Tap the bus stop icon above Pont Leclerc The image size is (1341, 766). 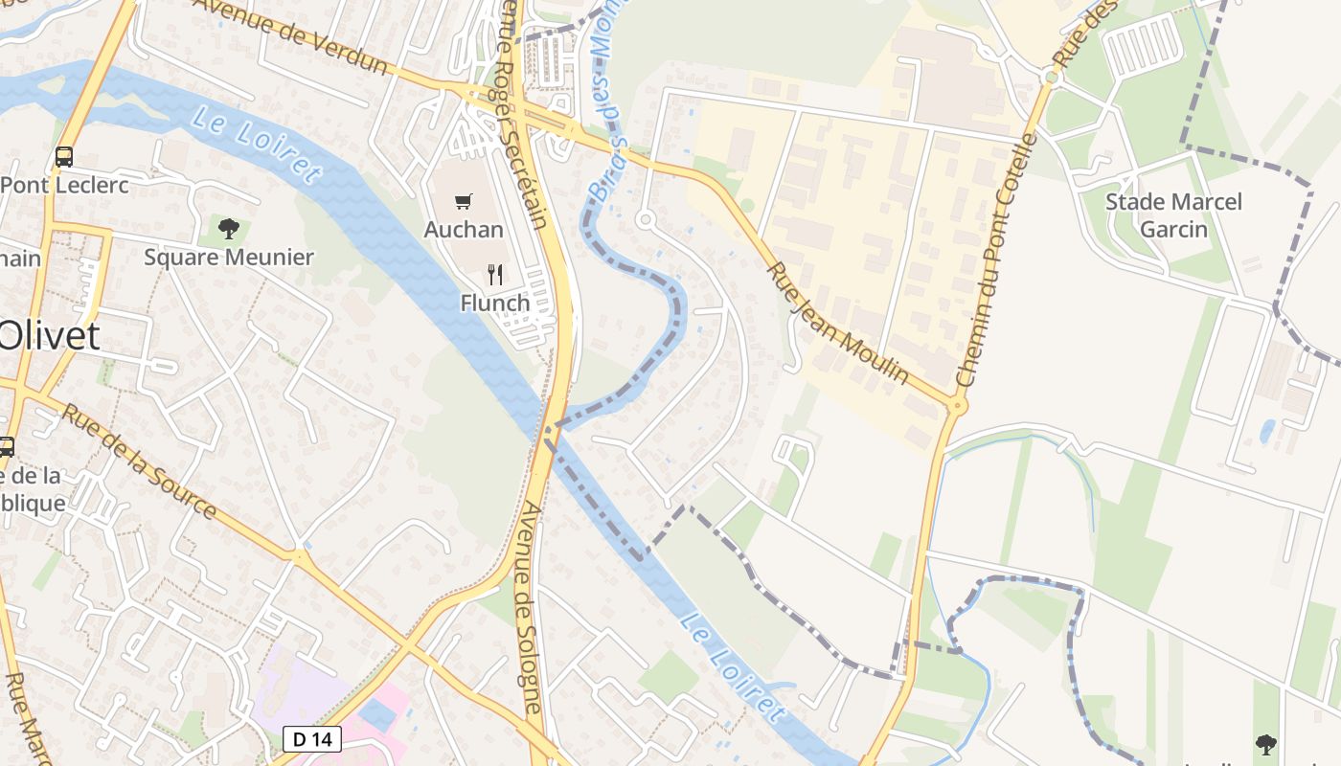tap(64, 156)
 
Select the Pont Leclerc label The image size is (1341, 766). tap(64, 185)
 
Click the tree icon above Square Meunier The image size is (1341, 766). tap(228, 228)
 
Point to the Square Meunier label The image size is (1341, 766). tap(228, 257)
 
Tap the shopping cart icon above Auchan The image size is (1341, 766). tap(464, 201)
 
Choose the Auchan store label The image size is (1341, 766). tap(464, 230)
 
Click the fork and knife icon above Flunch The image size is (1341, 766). tap(494, 275)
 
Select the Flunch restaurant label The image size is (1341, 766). tap(494, 304)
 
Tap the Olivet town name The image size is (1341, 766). tap(48, 336)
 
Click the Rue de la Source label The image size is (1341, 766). tap(139, 461)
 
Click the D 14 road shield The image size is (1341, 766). tap(312, 738)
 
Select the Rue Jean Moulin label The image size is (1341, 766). tap(837, 324)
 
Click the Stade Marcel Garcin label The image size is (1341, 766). tap(1172, 215)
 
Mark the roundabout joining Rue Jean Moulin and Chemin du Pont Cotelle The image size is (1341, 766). tap(956, 405)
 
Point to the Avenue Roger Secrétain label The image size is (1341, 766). tap(525, 115)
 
